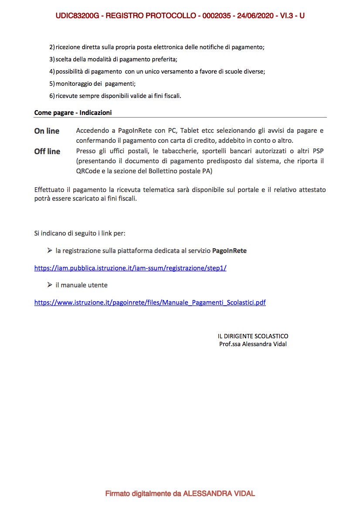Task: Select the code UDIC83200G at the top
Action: coord(77,16)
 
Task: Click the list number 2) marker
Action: coord(52,47)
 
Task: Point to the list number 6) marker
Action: coord(52,96)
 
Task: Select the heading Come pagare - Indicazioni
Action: coord(73,112)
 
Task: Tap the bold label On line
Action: coord(47,131)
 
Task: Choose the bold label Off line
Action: coord(47,152)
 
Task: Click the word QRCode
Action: coord(88,172)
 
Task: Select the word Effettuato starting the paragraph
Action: coord(51,190)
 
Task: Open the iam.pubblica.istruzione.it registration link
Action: coord(130,268)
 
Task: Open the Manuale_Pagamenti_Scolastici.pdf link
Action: coord(150,302)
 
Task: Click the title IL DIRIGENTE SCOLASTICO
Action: coord(253,336)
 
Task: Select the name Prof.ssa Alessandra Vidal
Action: coord(253,344)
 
